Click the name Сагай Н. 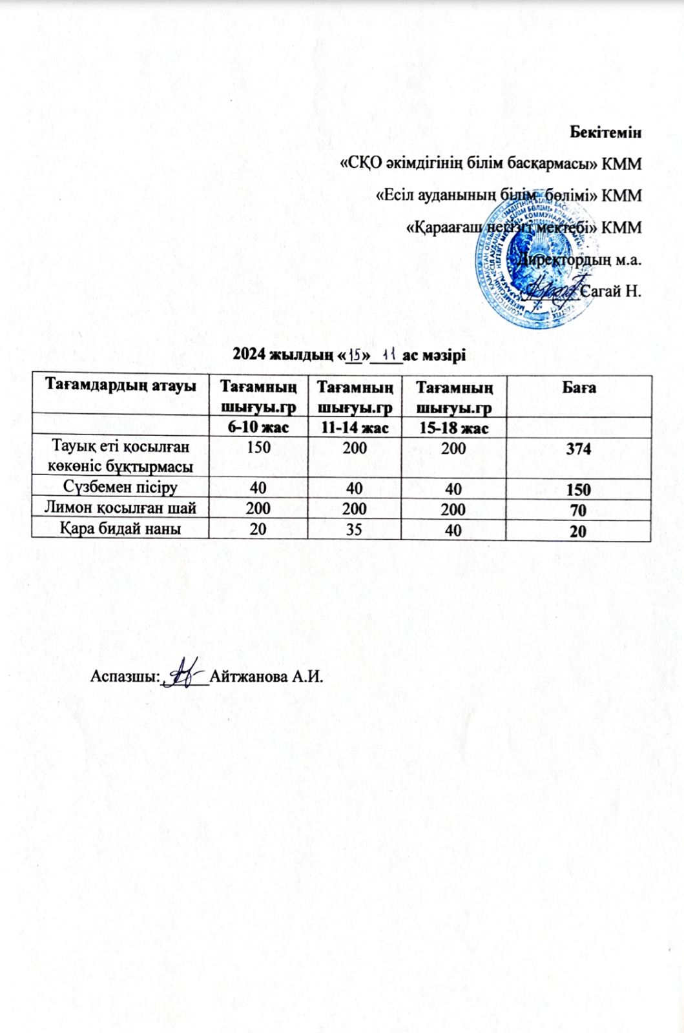[x=611, y=291]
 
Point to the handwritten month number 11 [x=389, y=354]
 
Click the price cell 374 [x=578, y=450]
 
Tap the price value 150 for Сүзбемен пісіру [x=578, y=490]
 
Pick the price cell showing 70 [x=578, y=511]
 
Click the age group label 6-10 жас [x=259, y=428]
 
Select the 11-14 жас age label [x=354, y=428]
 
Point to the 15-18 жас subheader [x=453, y=428]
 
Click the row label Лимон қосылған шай [x=120, y=509]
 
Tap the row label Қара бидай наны [x=120, y=529]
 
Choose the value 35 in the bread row [x=354, y=529]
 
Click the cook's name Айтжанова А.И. [x=265, y=677]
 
